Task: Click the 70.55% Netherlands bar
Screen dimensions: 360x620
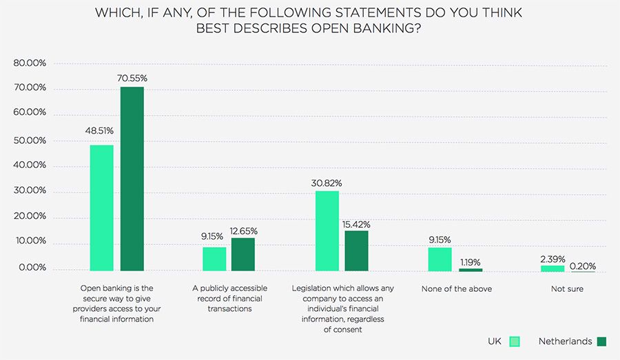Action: click(132, 178)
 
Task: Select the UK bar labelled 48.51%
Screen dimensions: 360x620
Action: click(102, 207)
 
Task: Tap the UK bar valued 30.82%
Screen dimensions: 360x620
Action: click(327, 231)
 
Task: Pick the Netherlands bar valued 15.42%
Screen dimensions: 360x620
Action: click(356, 251)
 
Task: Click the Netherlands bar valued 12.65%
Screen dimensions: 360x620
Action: click(243, 254)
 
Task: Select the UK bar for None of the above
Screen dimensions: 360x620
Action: click(440, 259)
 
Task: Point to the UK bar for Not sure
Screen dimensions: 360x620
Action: click(552, 268)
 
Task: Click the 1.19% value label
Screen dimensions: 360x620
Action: click(471, 262)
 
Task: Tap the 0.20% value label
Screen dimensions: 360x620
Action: click(583, 266)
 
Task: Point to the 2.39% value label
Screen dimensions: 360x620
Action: click(552, 259)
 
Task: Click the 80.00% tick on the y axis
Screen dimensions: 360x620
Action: click(30, 63)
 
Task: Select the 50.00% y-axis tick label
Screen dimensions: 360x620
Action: click(30, 140)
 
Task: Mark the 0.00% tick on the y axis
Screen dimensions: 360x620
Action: click(32, 268)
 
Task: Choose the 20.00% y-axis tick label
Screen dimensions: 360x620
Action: click(30, 216)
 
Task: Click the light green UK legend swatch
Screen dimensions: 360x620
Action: click(514, 341)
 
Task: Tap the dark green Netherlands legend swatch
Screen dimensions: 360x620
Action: click(602, 341)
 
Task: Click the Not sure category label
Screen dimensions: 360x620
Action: click(567, 289)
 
